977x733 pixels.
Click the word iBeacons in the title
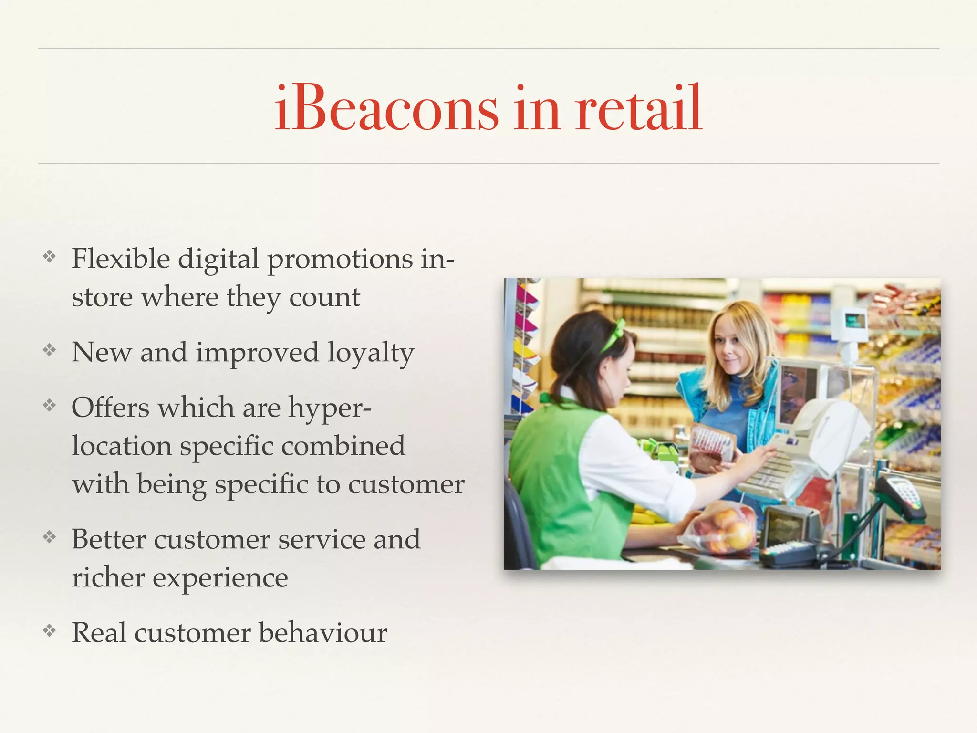tap(386, 109)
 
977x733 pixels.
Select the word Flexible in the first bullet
tap(121, 259)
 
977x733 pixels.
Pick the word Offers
tap(110, 408)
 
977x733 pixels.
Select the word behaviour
tap(323, 633)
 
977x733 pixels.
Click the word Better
tap(108, 540)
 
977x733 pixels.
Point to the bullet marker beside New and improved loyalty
tap(50, 351)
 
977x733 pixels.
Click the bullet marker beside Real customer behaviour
tap(50, 631)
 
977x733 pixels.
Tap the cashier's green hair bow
tap(614, 334)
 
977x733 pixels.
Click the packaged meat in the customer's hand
tap(710, 446)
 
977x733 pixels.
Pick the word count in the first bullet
tap(324, 297)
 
